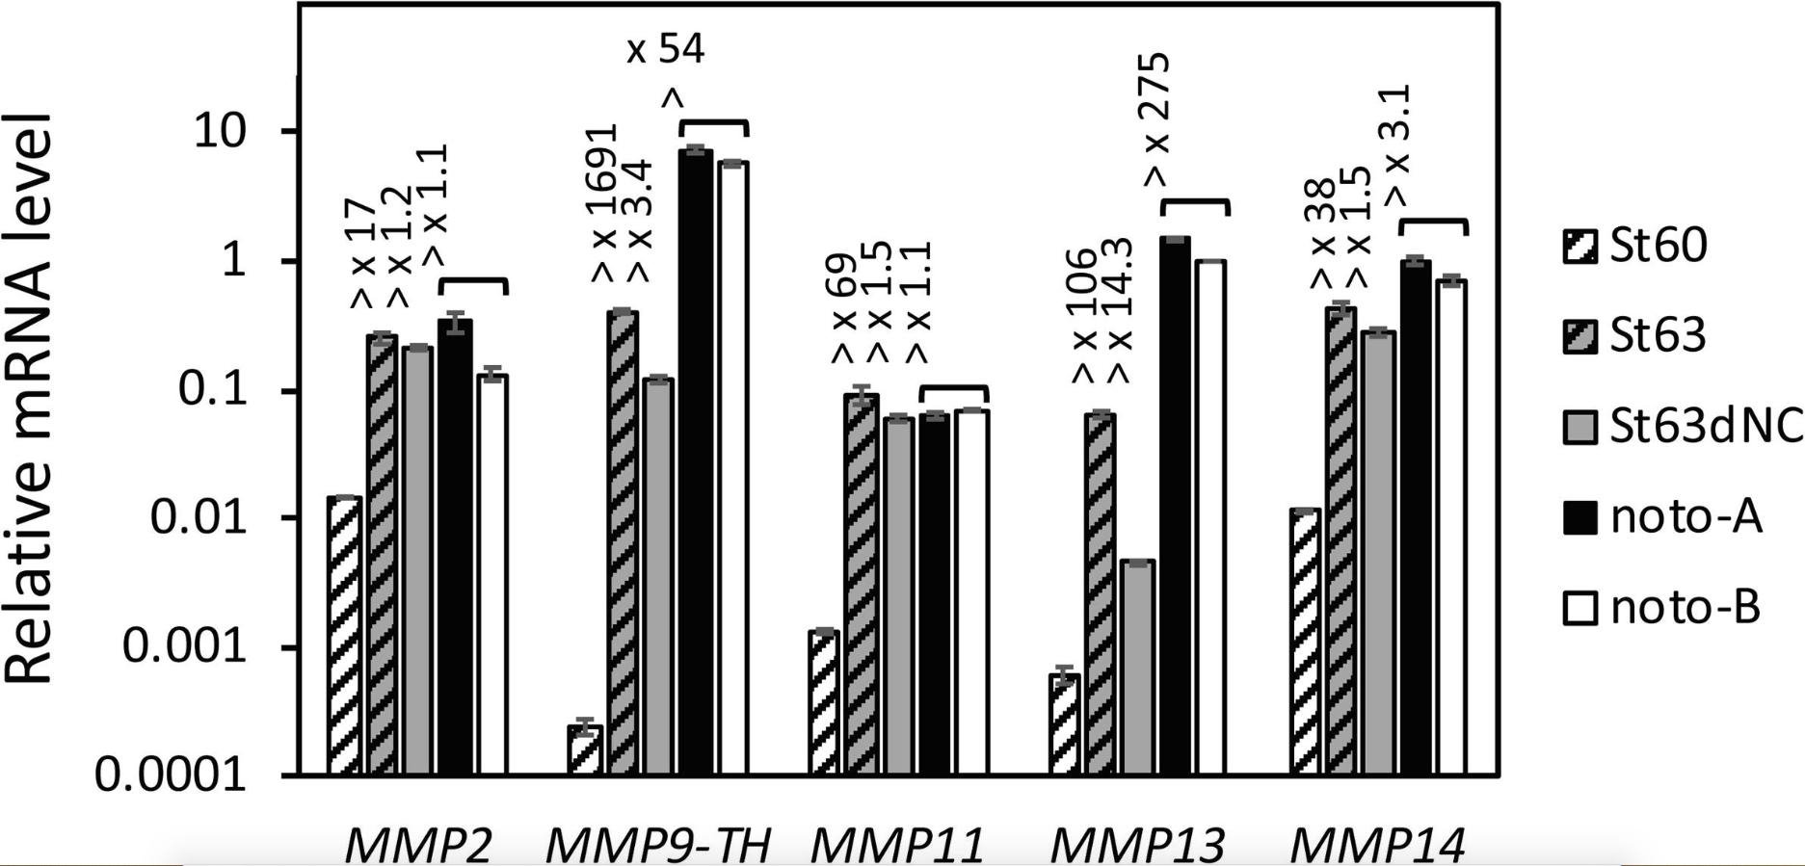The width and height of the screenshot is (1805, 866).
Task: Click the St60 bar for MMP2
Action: [x=344, y=635]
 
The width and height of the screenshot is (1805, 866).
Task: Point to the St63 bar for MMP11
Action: [x=862, y=583]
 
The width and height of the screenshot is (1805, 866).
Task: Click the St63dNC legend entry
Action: [x=1683, y=427]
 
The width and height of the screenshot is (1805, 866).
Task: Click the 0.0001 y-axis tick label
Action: [x=172, y=774]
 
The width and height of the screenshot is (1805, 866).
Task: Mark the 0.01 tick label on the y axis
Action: [x=199, y=518]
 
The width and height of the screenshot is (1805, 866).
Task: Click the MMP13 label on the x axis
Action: [x=1136, y=846]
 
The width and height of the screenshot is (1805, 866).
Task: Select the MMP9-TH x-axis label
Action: [x=658, y=846]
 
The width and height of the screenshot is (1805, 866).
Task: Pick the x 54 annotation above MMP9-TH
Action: [x=666, y=49]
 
